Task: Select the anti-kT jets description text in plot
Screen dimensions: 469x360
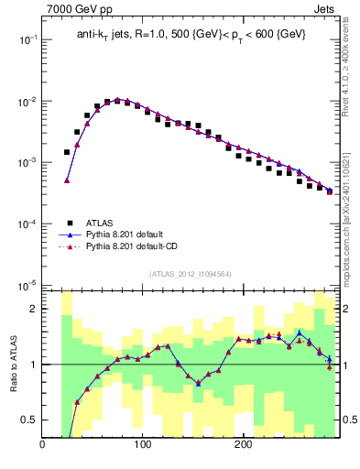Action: coord(191,34)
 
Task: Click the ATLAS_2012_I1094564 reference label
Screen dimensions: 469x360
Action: coord(190,273)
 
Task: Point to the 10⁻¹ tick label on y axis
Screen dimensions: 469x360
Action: coord(27,40)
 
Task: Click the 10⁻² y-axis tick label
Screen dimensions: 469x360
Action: coord(27,102)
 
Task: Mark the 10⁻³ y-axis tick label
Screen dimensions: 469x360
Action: coord(27,163)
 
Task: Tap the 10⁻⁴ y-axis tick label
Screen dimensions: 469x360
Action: coord(27,224)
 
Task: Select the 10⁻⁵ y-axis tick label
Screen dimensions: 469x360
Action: coord(27,285)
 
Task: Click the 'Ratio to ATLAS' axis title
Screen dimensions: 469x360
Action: coord(12,365)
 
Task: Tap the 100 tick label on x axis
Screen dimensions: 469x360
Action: coord(142,446)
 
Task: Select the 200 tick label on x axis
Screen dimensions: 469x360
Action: coord(243,446)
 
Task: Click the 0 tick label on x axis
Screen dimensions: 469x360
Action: coord(42,446)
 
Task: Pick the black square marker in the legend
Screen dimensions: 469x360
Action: coord(68,222)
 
